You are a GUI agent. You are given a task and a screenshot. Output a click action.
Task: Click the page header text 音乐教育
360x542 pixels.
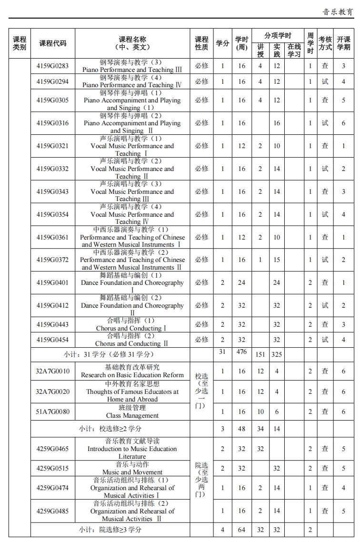point(337,12)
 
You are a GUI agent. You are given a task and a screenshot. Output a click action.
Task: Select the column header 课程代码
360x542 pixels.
point(52,43)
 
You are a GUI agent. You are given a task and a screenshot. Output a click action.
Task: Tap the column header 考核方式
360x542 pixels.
point(325,43)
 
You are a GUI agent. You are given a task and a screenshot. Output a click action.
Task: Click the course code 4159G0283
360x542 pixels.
point(52,66)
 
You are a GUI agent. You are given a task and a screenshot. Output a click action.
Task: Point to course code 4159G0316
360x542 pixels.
point(52,123)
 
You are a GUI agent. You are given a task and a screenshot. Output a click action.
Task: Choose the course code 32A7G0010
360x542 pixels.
point(52,371)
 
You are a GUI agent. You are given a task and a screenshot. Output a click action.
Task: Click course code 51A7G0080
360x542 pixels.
point(52,412)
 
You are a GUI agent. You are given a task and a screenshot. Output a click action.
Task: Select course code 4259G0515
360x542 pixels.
point(52,468)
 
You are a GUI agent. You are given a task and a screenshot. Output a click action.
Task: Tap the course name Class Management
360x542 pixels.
point(132,415)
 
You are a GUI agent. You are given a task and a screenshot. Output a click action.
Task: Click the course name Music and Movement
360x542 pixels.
point(132,472)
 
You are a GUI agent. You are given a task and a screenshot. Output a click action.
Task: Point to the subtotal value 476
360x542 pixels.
point(242,352)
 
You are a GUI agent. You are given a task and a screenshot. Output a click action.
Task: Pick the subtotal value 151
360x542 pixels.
point(260,355)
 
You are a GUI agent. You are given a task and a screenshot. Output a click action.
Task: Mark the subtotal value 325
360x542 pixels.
point(277,355)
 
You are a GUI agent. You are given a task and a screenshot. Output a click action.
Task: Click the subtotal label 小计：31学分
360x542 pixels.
point(109,354)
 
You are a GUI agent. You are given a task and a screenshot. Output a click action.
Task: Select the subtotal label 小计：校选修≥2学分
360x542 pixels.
point(110,429)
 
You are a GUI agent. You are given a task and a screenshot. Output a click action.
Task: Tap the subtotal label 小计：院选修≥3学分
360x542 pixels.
point(110,530)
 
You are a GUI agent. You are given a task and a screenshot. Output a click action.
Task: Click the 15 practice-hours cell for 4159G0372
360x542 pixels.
point(277,260)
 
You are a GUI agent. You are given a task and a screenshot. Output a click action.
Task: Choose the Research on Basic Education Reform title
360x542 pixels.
point(132,375)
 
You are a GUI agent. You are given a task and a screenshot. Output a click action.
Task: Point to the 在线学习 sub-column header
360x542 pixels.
point(294,50)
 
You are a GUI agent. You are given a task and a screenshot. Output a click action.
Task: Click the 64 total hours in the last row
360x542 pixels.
point(242,530)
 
